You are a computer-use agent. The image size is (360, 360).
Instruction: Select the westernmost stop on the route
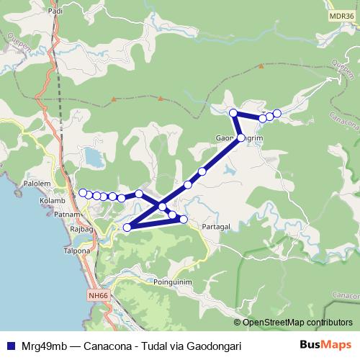[83, 192]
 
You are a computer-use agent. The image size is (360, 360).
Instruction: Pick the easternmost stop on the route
[277, 113]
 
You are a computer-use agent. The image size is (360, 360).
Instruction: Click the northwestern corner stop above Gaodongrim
[233, 113]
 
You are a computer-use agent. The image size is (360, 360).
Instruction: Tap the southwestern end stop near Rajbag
[127, 228]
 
